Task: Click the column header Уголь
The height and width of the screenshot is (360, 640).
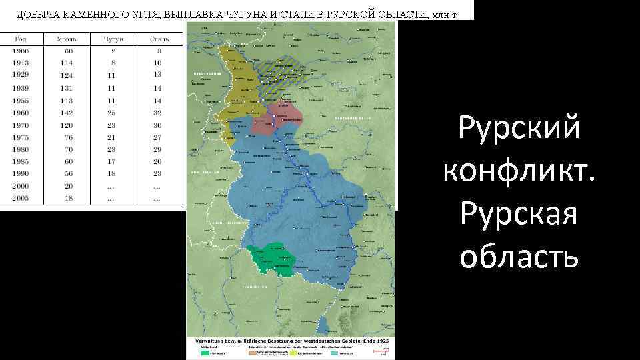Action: (67, 39)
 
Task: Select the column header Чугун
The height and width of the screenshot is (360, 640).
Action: (113, 39)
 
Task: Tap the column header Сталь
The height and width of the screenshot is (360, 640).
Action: (159, 39)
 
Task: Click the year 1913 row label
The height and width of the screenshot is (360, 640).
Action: (20, 63)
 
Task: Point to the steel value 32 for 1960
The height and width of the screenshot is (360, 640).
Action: (158, 113)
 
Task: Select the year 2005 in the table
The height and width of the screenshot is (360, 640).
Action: (20, 199)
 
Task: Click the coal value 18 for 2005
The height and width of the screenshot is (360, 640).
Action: (68, 199)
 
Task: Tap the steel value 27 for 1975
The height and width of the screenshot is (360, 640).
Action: (158, 137)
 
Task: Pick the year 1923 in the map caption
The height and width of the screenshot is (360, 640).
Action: (382, 341)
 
